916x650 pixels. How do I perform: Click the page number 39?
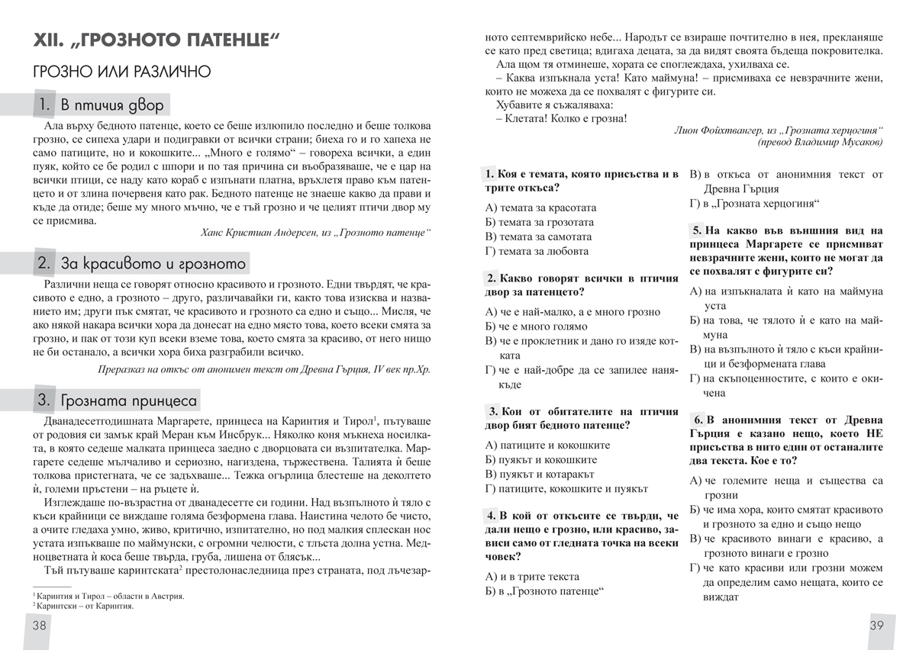[877, 626]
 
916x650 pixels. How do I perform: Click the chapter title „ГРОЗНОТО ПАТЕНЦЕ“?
[153, 41]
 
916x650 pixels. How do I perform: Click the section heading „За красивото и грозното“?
[141, 264]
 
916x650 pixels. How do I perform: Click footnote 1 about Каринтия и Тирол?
[108, 596]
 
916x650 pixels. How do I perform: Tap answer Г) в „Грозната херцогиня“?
[751, 203]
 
